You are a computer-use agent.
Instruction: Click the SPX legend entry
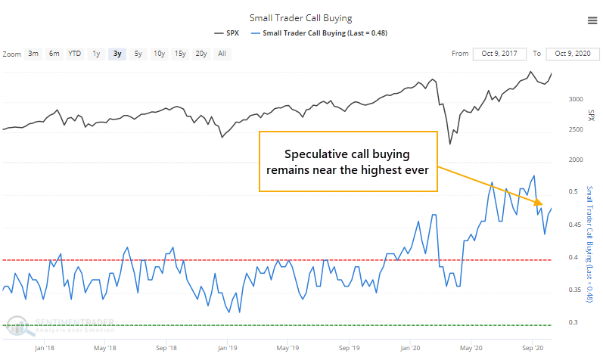pyautogui.click(x=229, y=33)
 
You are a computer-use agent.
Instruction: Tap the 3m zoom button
pyautogui.click(x=33, y=54)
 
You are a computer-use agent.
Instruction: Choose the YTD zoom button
pyautogui.click(x=75, y=54)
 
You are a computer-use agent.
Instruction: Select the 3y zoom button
pyautogui.click(x=117, y=54)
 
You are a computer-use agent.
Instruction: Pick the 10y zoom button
pyautogui.click(x=159, y=54)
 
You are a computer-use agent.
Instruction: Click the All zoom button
pyautogui.click(x=222, y=54)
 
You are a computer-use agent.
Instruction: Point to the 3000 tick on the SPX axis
pyautogui.click(x=576, y=99)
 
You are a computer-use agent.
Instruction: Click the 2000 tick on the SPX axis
pyautogui.click(x=576, y=160)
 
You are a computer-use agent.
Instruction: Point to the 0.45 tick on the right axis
pyautogui.click(x=573, y=225)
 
